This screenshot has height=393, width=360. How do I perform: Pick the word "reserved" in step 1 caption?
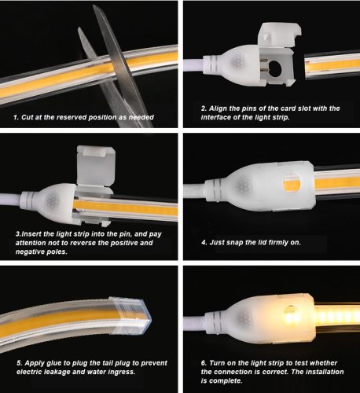tap(77, 117)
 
